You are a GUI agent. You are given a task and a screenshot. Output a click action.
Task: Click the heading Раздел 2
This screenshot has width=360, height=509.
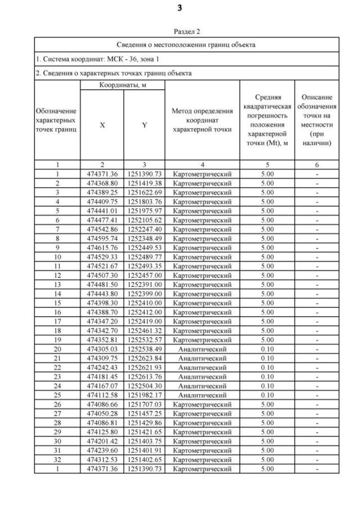point(186,32)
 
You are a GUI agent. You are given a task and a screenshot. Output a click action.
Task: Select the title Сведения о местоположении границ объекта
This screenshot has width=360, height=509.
point(186,44)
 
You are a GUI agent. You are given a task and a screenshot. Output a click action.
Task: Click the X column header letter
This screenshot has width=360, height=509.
point(102,125)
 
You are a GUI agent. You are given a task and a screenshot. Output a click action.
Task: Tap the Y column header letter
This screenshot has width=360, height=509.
point(145,125)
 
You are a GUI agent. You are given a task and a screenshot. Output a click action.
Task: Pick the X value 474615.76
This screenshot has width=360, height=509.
point(102,247)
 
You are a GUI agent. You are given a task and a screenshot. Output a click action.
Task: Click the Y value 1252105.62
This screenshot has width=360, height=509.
point(145,219)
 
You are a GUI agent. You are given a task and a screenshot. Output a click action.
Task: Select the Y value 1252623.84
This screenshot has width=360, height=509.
point(145,358)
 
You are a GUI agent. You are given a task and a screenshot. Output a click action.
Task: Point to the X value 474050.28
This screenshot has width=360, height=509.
point(102,413)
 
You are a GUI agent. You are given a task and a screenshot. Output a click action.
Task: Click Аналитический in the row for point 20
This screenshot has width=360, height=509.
point(202,349)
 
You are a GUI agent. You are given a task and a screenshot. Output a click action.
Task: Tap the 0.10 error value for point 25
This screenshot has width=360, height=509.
point(267,395)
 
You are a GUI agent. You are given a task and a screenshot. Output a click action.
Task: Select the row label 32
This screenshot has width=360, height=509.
point(57,459)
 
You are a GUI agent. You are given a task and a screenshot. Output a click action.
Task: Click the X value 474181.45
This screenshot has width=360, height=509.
point(102,376)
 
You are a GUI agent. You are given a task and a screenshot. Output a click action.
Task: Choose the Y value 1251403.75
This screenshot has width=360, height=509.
point(145,440)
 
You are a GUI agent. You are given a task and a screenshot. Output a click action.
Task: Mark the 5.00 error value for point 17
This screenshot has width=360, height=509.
point(267,321)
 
